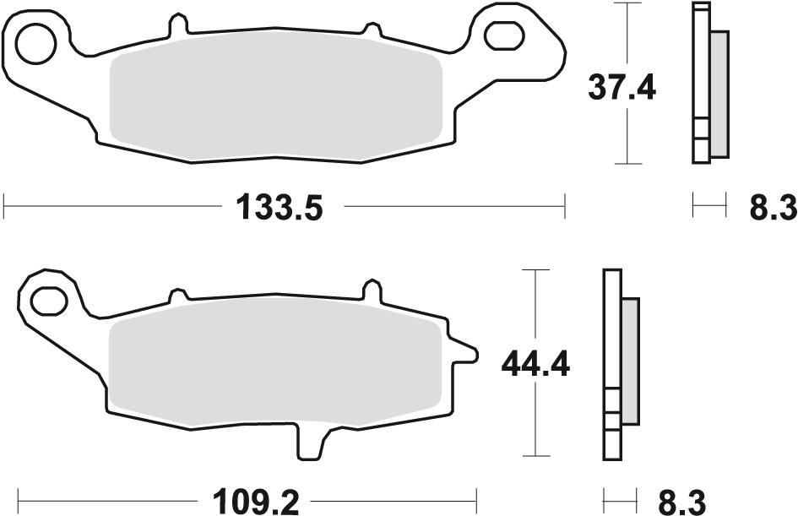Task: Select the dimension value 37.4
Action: (x=623, y=87)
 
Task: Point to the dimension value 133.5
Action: (x=279, y=207)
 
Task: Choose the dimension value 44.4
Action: (x=535, y=364)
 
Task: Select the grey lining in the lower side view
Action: (x=630, y=361)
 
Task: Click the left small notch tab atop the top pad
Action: (x=176, y=26)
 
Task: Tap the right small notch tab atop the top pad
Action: (x=369, y=29)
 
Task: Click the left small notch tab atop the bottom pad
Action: (x=178, y=295)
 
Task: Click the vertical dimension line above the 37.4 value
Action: (x=626, y=34)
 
